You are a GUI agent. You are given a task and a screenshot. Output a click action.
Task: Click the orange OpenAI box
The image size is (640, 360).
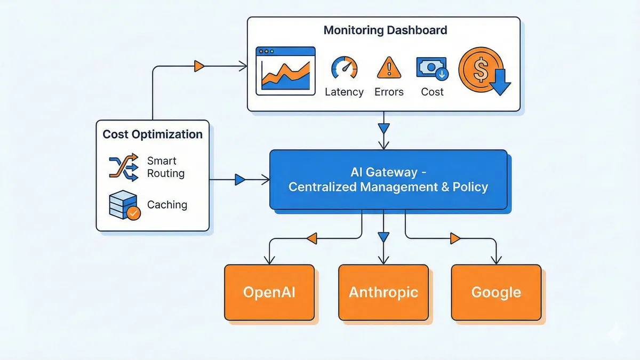point(269,292)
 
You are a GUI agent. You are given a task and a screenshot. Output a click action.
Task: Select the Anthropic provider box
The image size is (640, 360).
point(383,292)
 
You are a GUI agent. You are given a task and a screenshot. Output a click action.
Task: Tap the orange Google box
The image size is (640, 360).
point(496,292)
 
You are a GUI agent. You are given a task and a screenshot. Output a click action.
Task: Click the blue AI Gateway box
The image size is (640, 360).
point(388,180)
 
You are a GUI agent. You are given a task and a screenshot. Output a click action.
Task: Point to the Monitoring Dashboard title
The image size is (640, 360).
point(385,30)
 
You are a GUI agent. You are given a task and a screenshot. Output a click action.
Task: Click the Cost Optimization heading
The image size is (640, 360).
point(153,134)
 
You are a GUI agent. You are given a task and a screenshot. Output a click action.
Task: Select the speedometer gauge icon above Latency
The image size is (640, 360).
point(344,68)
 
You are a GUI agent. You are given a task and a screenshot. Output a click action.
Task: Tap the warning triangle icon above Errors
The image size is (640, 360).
point(389,68)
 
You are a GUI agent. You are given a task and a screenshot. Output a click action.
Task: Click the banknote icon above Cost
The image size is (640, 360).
point(431,69)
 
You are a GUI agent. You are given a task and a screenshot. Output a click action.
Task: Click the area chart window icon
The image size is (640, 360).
point(285,70)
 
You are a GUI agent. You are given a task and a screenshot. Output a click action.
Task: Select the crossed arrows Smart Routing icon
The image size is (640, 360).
point(123,167)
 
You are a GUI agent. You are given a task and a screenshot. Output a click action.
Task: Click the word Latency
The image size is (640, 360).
point(344,92)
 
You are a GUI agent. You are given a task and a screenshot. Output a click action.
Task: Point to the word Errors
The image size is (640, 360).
point(389,92)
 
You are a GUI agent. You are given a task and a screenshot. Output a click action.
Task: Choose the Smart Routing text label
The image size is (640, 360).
point(166,167)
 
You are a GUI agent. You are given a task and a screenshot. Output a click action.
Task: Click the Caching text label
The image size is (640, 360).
point(167,205)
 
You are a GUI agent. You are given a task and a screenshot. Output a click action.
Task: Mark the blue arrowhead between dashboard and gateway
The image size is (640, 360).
point(383,129)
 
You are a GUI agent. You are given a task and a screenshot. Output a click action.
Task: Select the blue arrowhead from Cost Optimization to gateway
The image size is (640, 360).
point(240,180)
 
